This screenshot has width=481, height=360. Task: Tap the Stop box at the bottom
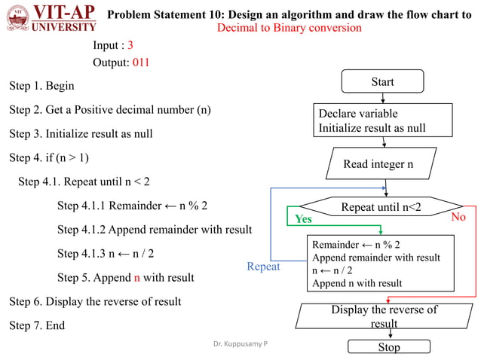pyautogui.click(x=384, y=347)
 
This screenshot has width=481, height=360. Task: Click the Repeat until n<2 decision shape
pyautogui.click(x=381, y=206)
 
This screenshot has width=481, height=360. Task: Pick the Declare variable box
pyautogui.click(x=383, y=121)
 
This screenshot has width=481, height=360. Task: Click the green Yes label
pyautogui.click(x=303, y=219)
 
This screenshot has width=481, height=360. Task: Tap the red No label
pyautogui.click(x=459, y=217)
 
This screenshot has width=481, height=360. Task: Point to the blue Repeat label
pyautogui.click(x=263, y=267)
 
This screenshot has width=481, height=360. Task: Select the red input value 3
pyautogui.click(x=130, y=45)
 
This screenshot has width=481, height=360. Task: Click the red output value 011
pyautogui.click(x=141, y=63)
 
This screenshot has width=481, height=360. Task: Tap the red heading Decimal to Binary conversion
pyautogui.click(x=289, y=28)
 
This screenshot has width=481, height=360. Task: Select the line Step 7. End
pyautogui.click(x=37, y=325)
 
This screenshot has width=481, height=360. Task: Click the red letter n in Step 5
pyautogui.click(x=137, y=277)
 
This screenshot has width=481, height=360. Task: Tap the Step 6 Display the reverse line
pyautogui.click(x=95, y=301)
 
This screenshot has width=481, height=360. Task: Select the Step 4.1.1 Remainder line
pyautogui.click(x=133, y=206)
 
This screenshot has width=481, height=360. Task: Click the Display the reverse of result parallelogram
pyautogui.click(x=384, y=316)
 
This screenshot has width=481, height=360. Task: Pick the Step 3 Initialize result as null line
pyautogui.click(x=81, y=134)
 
